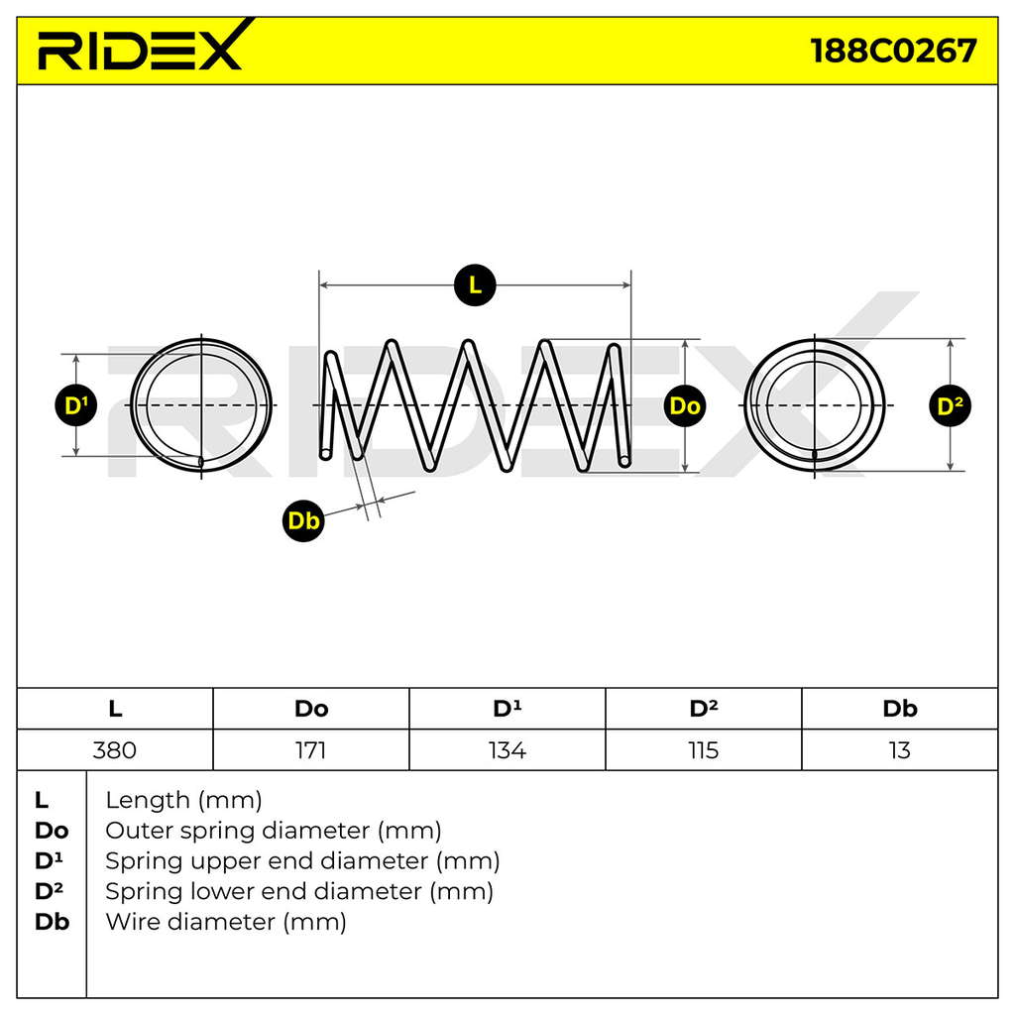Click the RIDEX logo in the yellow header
141,46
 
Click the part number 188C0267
893,51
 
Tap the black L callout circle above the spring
475,284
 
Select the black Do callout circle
685,405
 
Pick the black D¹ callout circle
76,405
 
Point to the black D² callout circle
950,405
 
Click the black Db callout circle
303,520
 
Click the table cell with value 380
115,750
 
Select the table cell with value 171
311,750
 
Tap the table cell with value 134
507,750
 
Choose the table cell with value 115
704,750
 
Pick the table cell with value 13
900,750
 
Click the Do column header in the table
311,709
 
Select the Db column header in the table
900,709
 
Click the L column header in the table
115,709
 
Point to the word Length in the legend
148,801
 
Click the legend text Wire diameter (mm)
226,922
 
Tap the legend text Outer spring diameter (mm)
274,831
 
